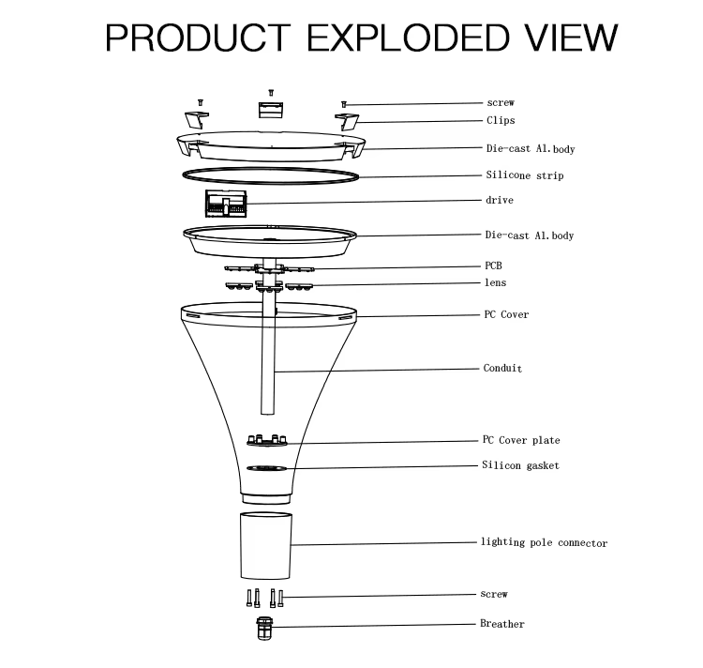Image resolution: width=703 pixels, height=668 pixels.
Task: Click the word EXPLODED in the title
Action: pyautogui.click(x=409, y=38)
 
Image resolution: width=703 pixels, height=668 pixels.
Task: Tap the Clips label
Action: pyautogui.click(x=501, y=120)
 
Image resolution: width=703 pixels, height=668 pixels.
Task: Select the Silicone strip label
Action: pyautogui.click(x=525, y=175)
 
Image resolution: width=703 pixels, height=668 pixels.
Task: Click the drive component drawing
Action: pyautogui.click(x=226, y=204)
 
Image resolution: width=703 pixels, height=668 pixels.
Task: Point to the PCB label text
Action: pyautogui.click(x=493, y=266)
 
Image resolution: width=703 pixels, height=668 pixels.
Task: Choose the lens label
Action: pyautogui.click(x=496, y=282)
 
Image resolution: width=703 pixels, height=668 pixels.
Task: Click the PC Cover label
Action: pyautogui.click(x=506, y=314)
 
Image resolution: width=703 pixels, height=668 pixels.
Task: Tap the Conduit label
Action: pyautogui.click(x=502, y=369)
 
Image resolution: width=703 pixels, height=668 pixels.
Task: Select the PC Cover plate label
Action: pyautogui.click(x=521, y=440)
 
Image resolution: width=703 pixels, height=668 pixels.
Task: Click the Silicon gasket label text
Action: pyautogui.click(x=520, y=465)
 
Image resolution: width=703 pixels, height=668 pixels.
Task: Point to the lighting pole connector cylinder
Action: pyautogui.click(x=266, y=545)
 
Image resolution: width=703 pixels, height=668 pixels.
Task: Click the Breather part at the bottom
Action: pyautogui.click(x=264, y=628)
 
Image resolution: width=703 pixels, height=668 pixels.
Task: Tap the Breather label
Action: pyautogui.click(x=502, y=624)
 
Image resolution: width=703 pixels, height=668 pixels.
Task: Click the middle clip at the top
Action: pyautogui.click(x=270, y=110)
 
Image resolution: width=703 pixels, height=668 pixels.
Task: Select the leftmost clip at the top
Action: pyautogui.click(x=197, y=119)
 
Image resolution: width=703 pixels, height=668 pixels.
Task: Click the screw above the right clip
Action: pyautogui.click(x=344, y=104)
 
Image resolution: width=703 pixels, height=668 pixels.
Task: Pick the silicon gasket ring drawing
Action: pyautogui.click(x=266, y=468)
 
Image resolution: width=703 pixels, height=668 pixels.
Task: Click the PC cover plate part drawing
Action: pyautogui.click(x=267, y=440)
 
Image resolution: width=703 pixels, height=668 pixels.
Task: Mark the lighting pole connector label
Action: pyautogui.click(x=544, y=543)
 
